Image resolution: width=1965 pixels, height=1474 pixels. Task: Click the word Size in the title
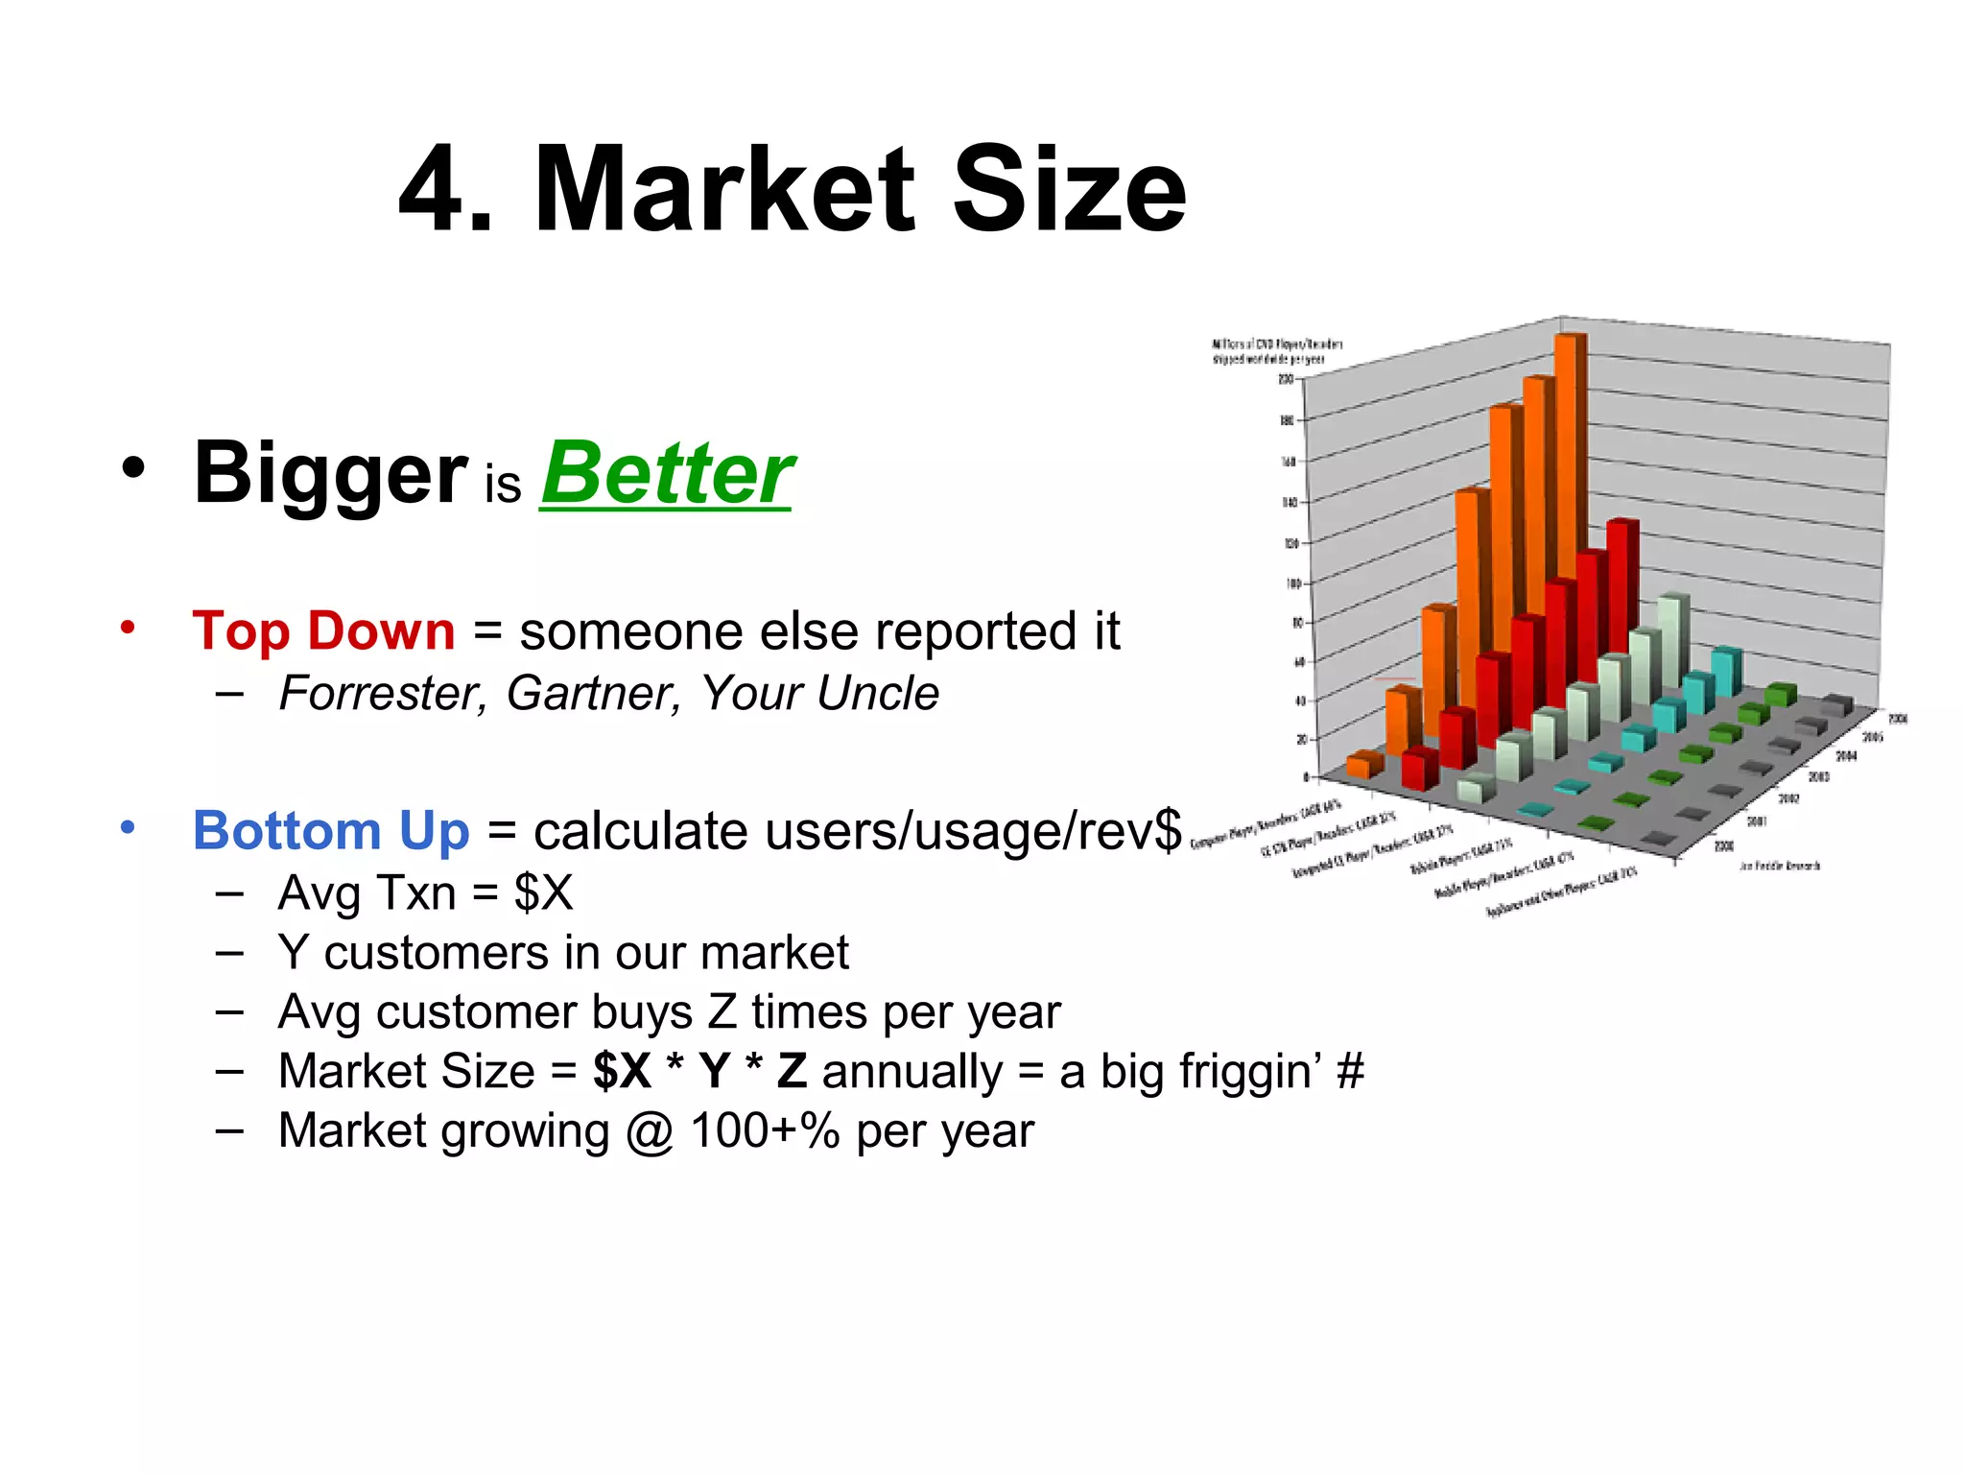click(x=1069, y=189)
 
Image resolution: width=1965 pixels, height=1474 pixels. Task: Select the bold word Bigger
click(x=329, y=473)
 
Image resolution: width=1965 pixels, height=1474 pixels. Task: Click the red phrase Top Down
click(x=323, y=631)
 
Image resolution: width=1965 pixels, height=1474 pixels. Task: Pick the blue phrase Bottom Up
click(x=331, y=831)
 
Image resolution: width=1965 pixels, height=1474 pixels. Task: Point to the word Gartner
click(x=594, y=694)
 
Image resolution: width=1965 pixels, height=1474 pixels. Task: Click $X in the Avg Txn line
click(x=543, y=893)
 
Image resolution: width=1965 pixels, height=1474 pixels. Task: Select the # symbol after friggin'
click(x=1349, y=1072)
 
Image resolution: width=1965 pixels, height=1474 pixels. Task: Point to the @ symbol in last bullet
click(x=650, y=1131)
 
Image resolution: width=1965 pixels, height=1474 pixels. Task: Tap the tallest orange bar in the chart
click(x=1570, y=461)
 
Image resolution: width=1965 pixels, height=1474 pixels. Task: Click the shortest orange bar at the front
click(x=1362, y=765)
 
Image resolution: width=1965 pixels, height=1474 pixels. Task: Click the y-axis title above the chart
click(x=1276, y=351)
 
